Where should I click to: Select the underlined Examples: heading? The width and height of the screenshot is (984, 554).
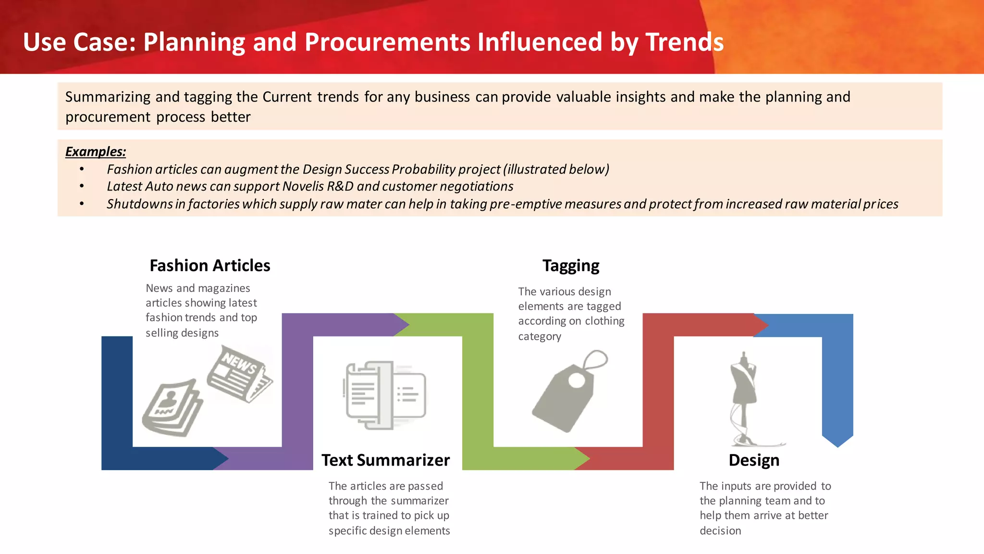95,151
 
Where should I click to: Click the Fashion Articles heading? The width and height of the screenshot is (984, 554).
210,265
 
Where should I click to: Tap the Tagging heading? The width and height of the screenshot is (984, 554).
571,266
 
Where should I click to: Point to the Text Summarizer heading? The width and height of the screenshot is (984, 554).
385,460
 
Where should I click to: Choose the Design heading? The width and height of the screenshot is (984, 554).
754,460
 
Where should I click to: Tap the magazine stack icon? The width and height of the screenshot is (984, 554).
172,408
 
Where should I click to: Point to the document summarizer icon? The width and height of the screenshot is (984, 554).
385,395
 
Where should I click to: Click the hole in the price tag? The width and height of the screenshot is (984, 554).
577,380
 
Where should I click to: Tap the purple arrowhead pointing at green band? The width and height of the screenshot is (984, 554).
401,325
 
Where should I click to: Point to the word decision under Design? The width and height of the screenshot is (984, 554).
720,530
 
